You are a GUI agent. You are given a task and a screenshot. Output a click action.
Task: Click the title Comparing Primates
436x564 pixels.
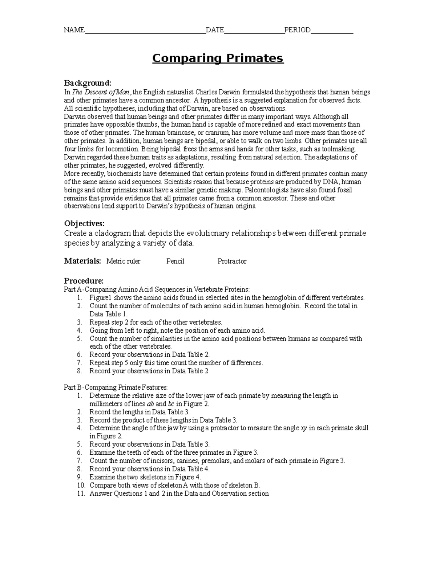click(x=218, y=58)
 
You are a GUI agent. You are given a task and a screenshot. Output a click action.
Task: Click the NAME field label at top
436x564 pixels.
click(x=74, y=30)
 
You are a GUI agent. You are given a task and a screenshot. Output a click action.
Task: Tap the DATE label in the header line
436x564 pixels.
click(x=215, y=30)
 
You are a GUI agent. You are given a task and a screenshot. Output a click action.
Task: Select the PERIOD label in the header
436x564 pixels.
click(x=297, y=30)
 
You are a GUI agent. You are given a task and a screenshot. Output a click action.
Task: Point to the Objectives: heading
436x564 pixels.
click(x=84, y=223)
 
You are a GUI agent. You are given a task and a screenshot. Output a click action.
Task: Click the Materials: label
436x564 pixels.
click(x=82, y=261)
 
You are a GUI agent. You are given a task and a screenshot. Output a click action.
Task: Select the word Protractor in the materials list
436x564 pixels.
click(x=232, y=261)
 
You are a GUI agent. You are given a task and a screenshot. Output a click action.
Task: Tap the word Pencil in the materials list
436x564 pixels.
click(x=175, y=261)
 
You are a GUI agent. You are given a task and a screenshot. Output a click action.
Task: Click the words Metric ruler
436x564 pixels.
click(x=123, y=261)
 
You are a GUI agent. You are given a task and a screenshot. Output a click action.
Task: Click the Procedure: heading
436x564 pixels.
click(x=84, y=281)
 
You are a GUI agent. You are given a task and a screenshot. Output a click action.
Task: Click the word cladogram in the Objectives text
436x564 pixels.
click(x=110, y=233)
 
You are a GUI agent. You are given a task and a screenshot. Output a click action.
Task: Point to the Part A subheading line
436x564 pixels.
click(x=157, y=289)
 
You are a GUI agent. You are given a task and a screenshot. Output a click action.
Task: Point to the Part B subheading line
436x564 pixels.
click(x=116, y=387)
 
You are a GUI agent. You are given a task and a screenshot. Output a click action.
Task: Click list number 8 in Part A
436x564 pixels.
click(x=80, y=371)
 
